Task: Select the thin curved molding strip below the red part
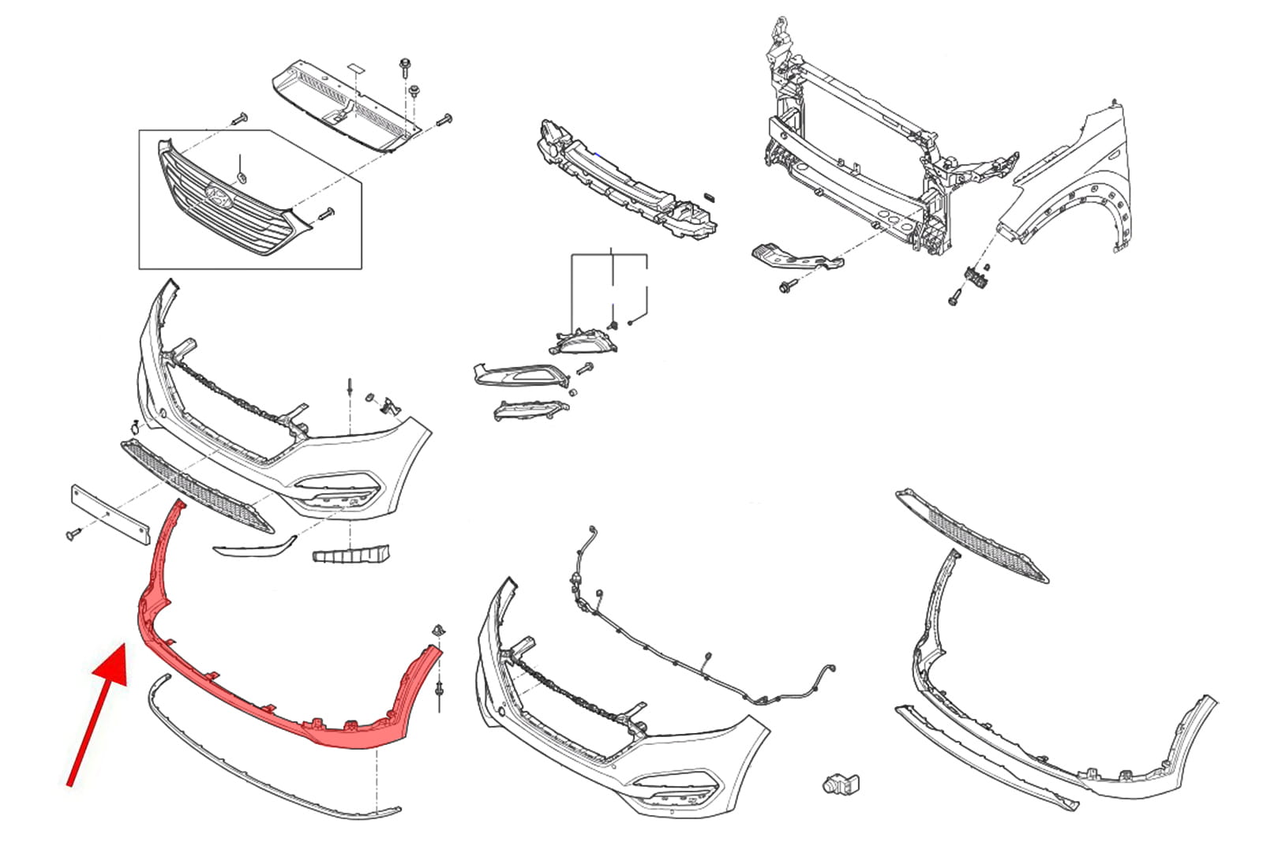[260, 758]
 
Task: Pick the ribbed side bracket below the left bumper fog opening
[350, 554]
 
